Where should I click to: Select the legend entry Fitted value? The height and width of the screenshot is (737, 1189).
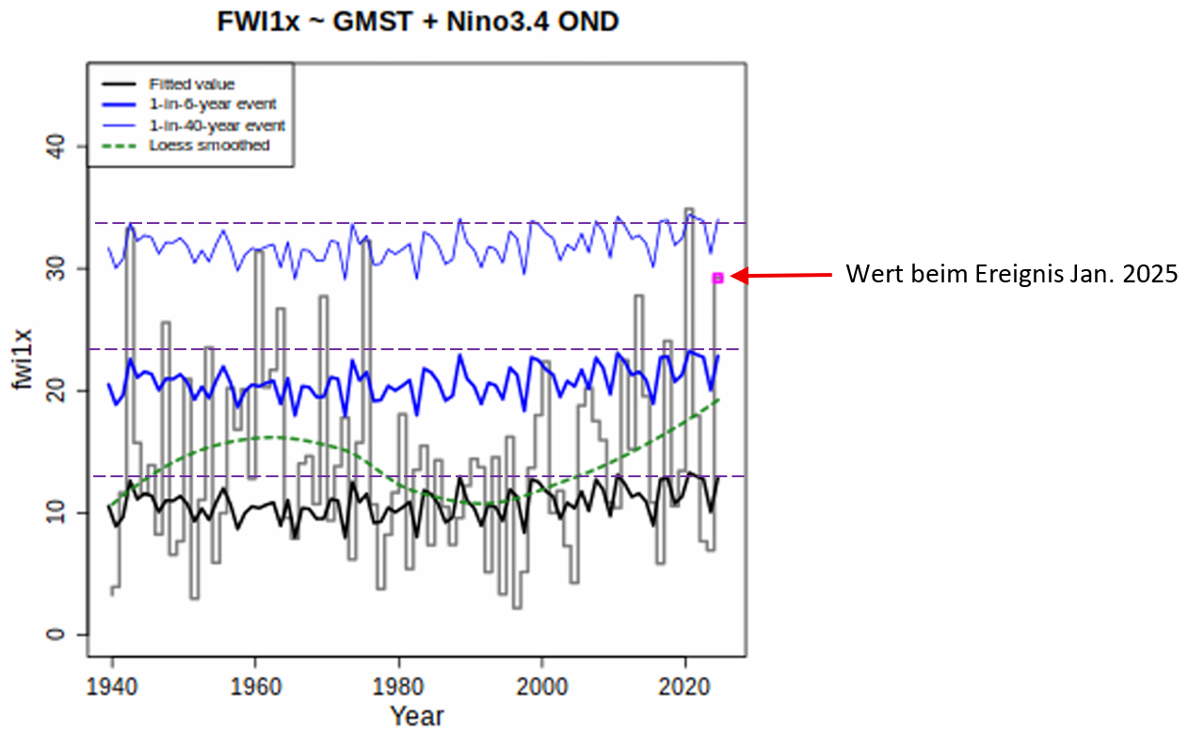point(191,85)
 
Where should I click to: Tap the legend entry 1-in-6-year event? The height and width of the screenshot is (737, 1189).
point(217,104)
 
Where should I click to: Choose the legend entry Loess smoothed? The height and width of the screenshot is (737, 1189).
point(209,145)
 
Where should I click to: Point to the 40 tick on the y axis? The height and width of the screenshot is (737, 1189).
point(63,146)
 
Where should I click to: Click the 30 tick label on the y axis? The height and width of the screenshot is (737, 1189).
point(63,269)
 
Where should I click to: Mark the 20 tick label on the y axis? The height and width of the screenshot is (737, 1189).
point(63,391)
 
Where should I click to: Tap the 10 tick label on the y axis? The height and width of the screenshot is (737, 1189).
point(63,513)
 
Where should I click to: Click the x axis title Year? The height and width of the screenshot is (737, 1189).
point(417,715)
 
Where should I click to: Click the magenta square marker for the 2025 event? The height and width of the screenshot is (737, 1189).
point(717,278)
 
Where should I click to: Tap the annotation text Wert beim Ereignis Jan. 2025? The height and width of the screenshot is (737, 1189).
point(1011,275)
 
